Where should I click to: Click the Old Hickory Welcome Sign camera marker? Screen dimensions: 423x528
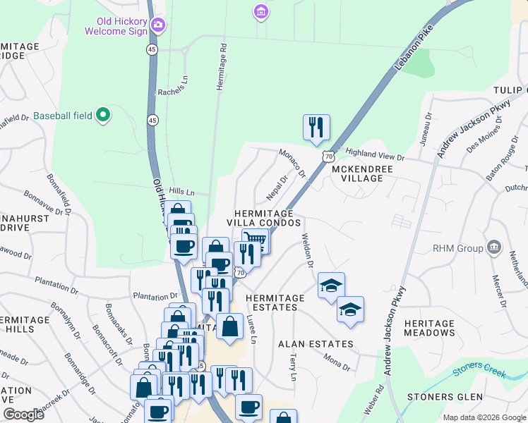point(157,26)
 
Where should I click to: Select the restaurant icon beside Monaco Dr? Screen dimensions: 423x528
point(316,127)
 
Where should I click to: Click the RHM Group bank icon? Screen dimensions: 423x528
point(494,248)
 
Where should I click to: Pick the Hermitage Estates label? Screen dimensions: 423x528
point(275,302)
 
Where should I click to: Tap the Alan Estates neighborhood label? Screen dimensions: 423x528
point(316,344)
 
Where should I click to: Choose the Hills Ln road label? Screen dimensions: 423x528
point(181,192)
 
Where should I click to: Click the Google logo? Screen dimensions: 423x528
point(23,415)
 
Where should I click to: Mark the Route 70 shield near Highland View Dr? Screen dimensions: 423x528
point(327,156)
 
